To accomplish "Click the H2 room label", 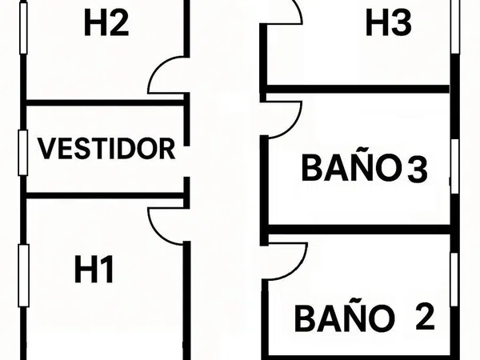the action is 106,22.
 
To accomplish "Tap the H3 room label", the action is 389,22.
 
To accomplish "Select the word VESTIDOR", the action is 106,149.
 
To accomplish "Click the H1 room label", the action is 94,269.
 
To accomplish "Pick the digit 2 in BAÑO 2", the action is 425,316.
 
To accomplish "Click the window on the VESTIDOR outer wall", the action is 22,153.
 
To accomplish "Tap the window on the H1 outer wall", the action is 23,275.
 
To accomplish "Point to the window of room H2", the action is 23,28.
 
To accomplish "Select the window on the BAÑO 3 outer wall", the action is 455,166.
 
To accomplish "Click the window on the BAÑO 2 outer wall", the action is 454,279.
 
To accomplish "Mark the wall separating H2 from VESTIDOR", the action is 105,103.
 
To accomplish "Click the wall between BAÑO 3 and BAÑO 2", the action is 358,230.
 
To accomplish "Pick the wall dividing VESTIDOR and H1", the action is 105,196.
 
